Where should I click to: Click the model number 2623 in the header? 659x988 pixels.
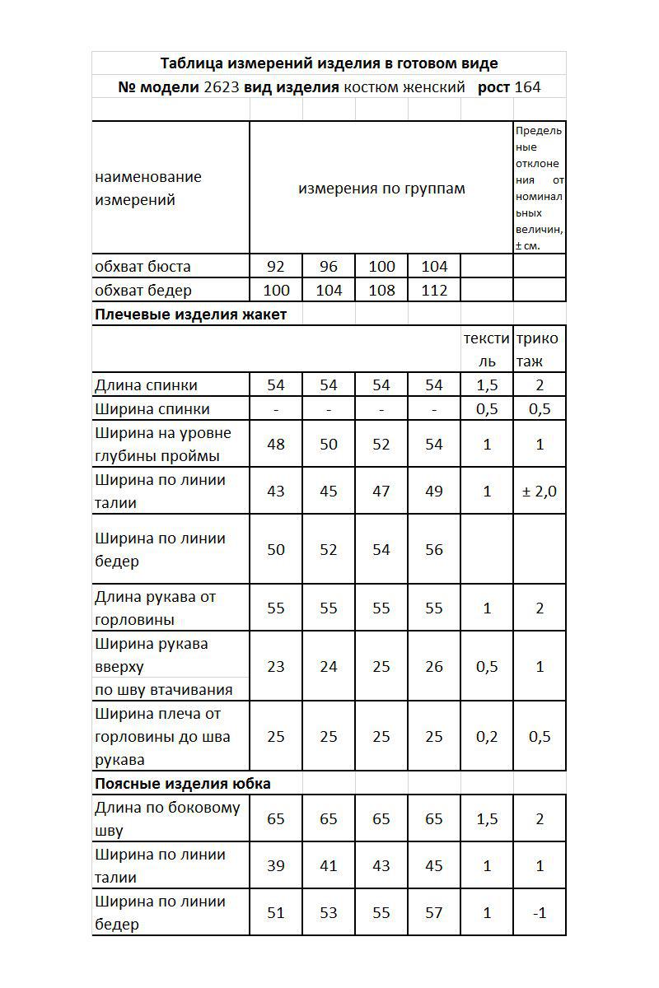coord(222,87)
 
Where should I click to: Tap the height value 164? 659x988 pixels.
coord(527,87)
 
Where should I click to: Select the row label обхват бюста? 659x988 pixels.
coord(143,267)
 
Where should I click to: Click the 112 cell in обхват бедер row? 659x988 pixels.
coord(434,291)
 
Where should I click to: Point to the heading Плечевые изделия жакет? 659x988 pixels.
coord(191,315)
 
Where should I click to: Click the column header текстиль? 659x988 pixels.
coord(487,350)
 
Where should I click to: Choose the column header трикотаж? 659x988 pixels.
coord(540,350)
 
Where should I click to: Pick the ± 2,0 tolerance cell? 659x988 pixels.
coord(540,492)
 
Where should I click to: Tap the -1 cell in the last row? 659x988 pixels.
coord(540,913)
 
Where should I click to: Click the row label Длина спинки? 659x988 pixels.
coord(146,385)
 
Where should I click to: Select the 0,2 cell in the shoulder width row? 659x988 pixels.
coord(487,737)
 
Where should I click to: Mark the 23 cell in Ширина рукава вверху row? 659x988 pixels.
coord(276,667)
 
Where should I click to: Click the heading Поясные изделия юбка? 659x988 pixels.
coord(183,784)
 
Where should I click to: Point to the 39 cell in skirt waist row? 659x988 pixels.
coord(276,866)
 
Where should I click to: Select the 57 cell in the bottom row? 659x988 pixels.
coord(434,913)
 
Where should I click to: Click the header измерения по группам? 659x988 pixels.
coord(381,189)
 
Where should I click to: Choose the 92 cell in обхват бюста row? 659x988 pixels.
coord(276,267)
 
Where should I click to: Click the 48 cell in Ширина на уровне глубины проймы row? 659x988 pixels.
coord(276,445)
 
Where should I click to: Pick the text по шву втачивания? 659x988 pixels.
coord(164,690)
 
